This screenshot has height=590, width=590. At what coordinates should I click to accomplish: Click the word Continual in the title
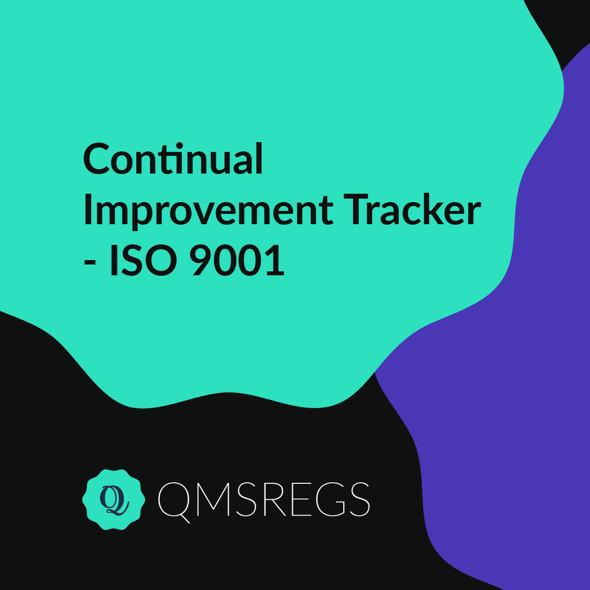tap(173, 159)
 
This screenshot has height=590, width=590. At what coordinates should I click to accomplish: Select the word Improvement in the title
tap(208, 210)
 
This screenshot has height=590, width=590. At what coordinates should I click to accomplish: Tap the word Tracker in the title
tap(412, 210)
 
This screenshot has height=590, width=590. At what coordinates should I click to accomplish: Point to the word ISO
tap(143, 261)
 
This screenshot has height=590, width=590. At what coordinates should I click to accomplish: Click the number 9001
tap(237, 261)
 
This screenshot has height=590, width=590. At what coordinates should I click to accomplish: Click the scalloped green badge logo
tap(114, 499)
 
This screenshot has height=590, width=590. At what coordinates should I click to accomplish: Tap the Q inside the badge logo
tap(113, 500)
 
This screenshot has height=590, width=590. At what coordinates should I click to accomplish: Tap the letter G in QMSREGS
tap(330, 499)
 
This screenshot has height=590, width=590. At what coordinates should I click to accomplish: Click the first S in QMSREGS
tap(246, 499)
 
